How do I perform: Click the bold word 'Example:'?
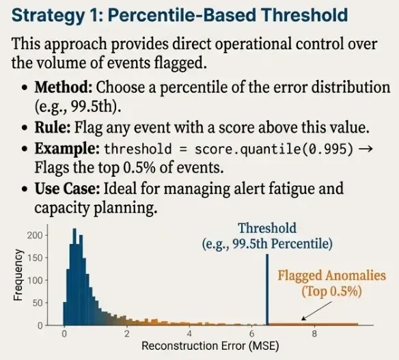(x=67, y=149)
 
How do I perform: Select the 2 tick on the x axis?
(x=126, y=333)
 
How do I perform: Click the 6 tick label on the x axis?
(x=251, y=333)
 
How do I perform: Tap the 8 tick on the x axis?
(x=314, y=333)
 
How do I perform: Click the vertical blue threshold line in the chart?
(x=266, y=290)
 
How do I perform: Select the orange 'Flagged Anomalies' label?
(x=331, y=277)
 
